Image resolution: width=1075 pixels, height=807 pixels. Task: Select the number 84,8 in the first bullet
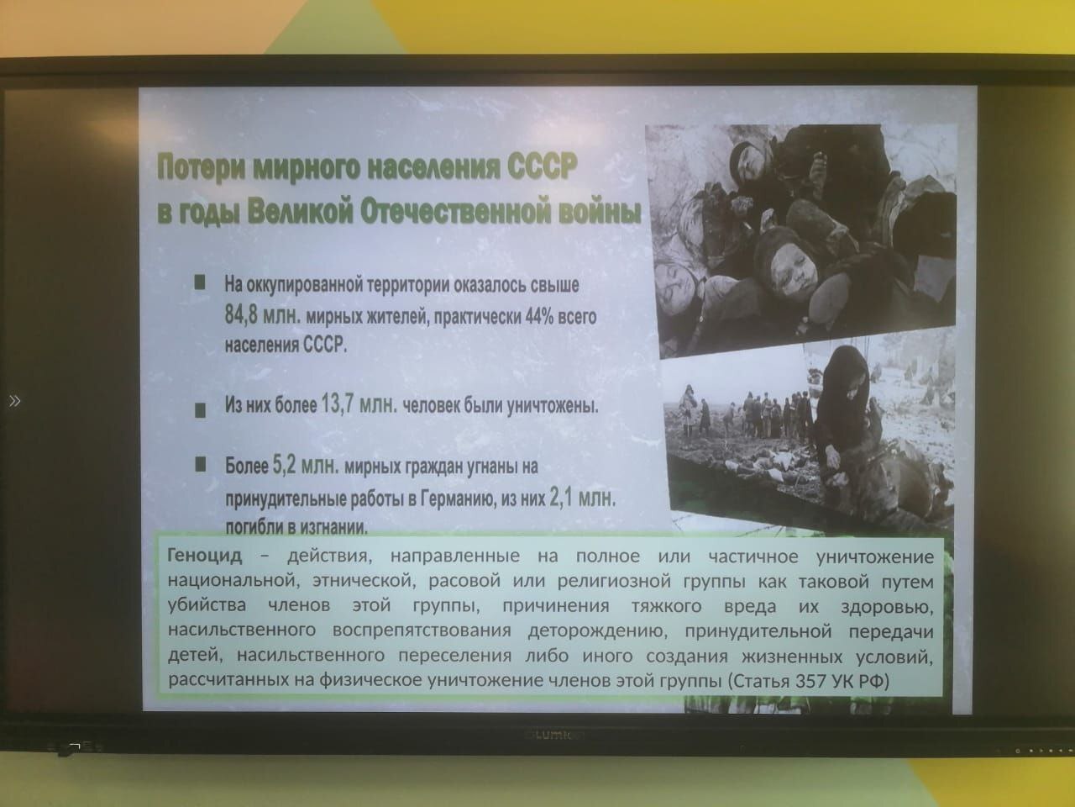241,314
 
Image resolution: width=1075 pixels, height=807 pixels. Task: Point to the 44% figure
539,317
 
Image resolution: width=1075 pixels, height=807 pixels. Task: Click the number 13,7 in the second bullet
337,404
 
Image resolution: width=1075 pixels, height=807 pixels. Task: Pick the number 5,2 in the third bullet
284,465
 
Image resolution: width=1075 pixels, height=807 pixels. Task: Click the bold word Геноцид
205,555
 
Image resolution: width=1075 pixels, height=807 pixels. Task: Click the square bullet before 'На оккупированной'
200,282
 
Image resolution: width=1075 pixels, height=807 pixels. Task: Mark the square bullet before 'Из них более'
200,410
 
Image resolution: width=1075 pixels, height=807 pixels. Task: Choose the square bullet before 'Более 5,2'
201,464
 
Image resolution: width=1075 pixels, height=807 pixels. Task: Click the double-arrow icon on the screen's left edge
14,401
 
